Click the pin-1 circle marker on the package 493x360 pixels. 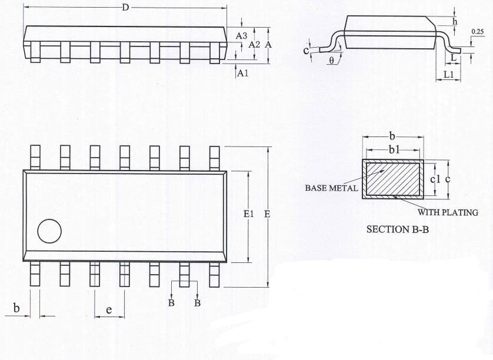coord(49,231)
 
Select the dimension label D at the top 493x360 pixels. coord(125,7)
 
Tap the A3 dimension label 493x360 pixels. coord(241,36)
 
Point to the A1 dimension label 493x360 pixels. coord(242,74)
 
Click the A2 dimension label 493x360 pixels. coord(254,45)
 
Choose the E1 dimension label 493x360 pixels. coord(249,214)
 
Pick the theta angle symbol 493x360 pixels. coord(332,61)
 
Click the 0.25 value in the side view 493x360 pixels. coord(478,31)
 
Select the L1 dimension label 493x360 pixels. coord(449,75)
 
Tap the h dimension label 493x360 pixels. coord(455,21)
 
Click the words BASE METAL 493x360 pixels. coord(331,188)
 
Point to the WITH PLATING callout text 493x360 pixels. coord(448,212)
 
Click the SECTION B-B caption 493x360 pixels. coord(398,229)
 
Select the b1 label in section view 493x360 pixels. coord(394,150)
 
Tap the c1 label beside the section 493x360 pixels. coord(435,179)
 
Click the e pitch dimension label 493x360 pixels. coord(109,310)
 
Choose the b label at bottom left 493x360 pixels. coord(16,308)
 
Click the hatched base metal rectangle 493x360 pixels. coord(393,179)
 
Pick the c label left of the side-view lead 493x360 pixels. coord(307,51)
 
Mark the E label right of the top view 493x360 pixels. coord(267,214)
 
